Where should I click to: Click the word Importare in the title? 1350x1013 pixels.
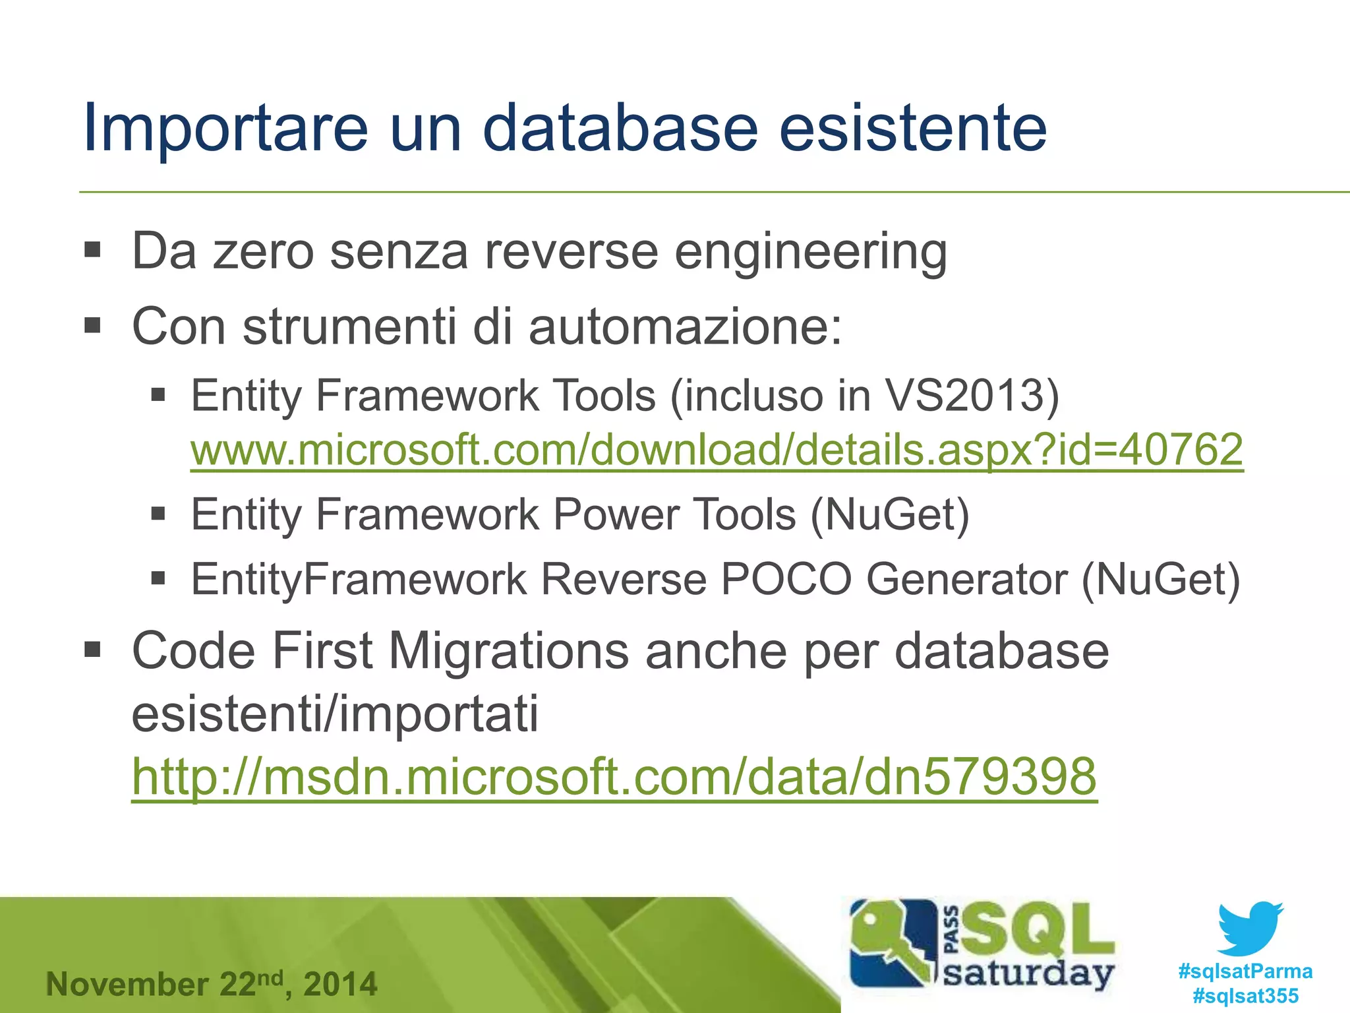(x=225, y=129)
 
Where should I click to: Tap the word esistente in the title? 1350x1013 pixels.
(x=913, y=129)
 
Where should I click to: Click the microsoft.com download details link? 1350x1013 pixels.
(x=717, y=450)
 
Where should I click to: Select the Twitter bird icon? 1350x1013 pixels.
(x=1250, y=928)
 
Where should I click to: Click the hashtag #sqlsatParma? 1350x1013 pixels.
(x=1245, y=971)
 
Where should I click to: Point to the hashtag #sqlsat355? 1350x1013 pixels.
(x=1245, y=995)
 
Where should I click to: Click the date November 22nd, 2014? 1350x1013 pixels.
(x=212, y=984)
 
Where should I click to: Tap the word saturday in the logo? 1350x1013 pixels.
(x=1028, y=974)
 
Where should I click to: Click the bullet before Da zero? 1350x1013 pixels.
(x=92, y=251)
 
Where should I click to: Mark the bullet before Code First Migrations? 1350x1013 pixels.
(x=92, y=650)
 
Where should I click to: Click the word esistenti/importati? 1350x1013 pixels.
(x=335, y=714)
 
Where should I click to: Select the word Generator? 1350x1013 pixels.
(x=966, y=579)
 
